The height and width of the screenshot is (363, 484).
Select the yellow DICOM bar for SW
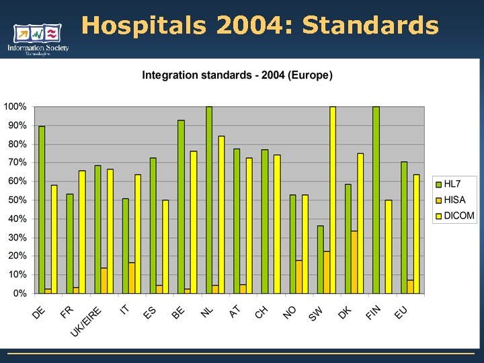point(332,200)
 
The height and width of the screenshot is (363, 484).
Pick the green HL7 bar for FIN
point(376,200)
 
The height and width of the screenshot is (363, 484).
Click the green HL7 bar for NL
point(209,200)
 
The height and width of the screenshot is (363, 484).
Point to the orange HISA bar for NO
point(298,277)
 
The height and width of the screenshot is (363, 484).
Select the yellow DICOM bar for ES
point(165,247)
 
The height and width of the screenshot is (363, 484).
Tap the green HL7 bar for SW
point(320,259)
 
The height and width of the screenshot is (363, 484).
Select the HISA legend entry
point(456,200)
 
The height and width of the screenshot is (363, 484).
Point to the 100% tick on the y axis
point(15,107)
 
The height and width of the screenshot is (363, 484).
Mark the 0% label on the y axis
point(19,294)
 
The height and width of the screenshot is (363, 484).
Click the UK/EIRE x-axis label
point(87,321)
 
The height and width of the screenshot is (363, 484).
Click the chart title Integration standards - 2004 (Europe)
point(237,75)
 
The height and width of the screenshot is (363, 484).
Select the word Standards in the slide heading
point(370,26)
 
